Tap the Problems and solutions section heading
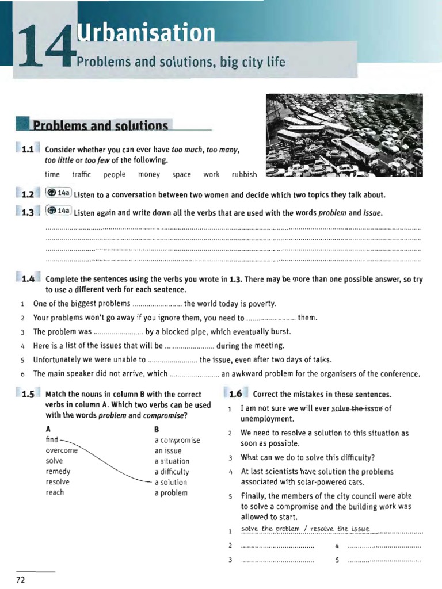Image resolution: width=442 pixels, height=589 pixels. coord(101,125)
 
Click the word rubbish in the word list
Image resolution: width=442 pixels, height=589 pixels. coord(244,174)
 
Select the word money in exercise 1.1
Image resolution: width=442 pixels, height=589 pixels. coord(149,174)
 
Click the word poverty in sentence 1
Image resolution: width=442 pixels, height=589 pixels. coord(261,304)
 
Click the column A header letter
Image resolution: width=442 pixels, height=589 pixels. coord(48,429)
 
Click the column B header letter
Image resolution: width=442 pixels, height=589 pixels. coord(157,429)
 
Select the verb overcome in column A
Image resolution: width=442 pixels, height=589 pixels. coord(61,450)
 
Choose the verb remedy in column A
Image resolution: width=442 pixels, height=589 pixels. coord(58,472)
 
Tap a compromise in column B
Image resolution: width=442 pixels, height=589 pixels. coord(177,440)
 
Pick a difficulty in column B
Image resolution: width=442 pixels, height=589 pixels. coord(172,472)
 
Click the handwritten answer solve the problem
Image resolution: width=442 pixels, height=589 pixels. coord(273,529)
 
